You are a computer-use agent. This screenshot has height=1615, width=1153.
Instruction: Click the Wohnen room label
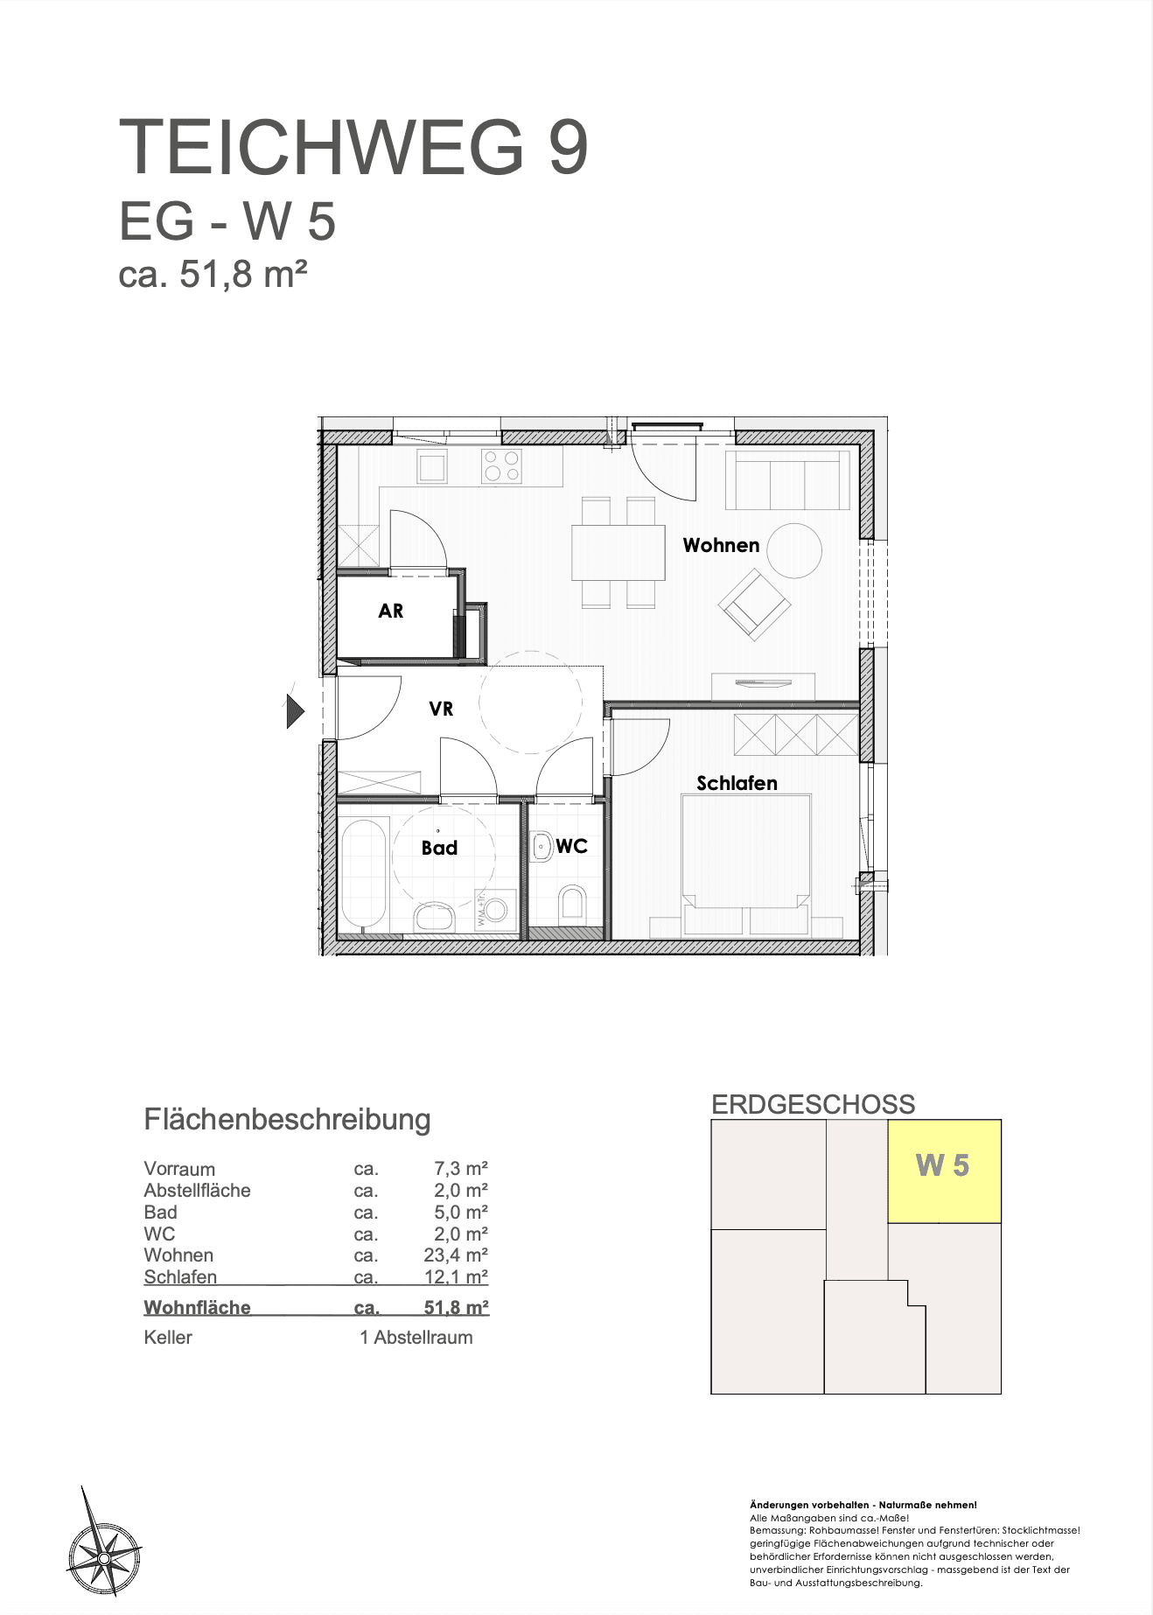721,545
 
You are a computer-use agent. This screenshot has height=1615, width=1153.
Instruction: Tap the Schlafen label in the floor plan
737,783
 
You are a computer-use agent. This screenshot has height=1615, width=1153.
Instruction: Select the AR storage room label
391,611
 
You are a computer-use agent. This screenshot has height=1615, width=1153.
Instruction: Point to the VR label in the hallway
441,709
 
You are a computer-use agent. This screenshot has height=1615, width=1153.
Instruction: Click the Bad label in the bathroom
439,848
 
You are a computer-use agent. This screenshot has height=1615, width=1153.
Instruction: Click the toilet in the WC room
572,905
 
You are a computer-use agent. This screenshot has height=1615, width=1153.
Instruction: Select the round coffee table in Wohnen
794,550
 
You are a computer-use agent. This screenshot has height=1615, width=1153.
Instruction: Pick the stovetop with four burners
501,465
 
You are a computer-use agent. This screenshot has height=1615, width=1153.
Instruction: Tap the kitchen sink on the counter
432,466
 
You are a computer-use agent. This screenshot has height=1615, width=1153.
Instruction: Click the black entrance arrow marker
296,710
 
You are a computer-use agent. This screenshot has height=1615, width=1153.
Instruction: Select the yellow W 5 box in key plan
944,1171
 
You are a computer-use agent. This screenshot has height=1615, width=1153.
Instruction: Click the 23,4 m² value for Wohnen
456,1255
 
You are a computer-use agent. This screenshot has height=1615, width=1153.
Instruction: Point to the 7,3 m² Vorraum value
461,1169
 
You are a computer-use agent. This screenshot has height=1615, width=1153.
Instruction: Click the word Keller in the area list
168,1337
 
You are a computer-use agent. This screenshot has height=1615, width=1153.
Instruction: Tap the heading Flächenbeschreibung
287,1120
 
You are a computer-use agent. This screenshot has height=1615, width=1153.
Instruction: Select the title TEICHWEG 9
353,147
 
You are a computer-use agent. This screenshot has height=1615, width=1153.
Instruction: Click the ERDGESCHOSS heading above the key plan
814,1104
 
